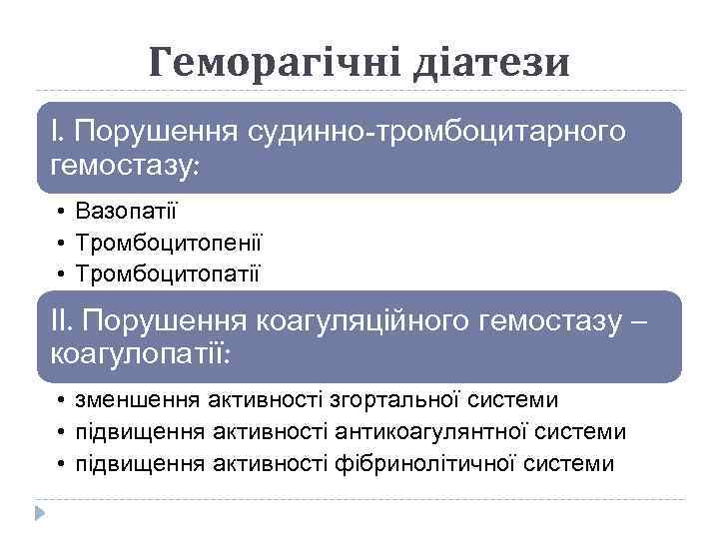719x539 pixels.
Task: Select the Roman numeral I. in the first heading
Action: pos(58,131)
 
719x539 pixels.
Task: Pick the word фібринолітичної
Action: pos(440,463)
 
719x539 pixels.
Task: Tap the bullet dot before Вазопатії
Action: pos(61,212)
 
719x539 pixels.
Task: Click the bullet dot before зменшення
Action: pos(61,401)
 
